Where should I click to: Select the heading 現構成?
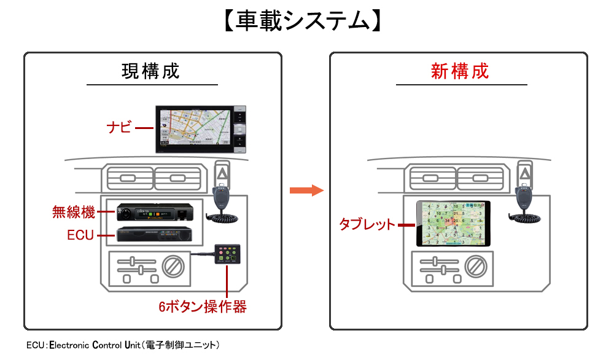(x=151, y=71)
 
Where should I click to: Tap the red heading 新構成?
(x=460, y=71)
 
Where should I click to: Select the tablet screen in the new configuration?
(x=453, y=224)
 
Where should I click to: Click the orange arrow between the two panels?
(x=306, y=190)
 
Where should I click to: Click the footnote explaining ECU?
(x=123, y=345)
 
